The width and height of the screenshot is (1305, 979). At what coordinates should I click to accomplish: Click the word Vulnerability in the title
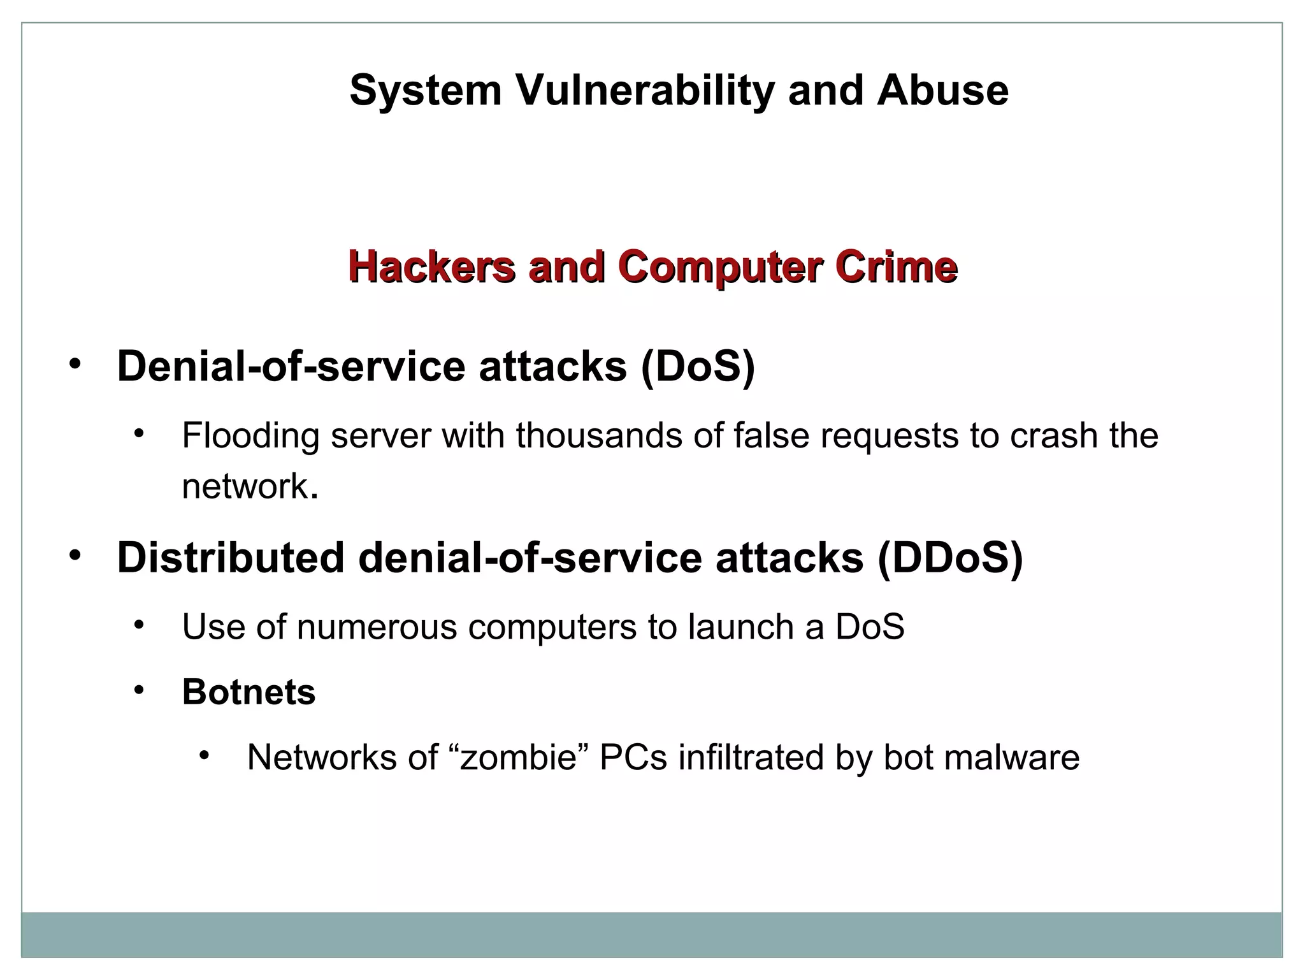645,91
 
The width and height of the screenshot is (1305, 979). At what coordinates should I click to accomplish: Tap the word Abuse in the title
942,91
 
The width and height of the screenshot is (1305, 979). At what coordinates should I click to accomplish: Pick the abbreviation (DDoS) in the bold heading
949,558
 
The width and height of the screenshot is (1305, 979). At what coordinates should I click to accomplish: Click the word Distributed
231,558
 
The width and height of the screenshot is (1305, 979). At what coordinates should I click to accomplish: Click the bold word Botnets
249,692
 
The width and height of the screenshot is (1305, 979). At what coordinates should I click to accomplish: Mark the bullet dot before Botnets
140,690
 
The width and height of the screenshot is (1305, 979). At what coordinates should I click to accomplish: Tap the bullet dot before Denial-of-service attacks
76,364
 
